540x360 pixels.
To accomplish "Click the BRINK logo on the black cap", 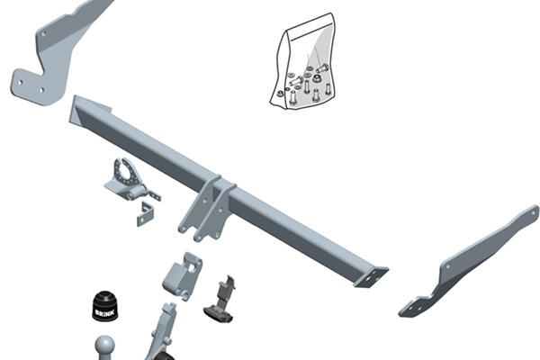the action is click(105, 313).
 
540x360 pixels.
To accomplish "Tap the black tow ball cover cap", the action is click(105, 306).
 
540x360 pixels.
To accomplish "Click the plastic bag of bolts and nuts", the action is click(302, 62).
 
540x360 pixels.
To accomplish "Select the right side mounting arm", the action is click(469, 261).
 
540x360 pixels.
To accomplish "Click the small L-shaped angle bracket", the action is click(145, 214).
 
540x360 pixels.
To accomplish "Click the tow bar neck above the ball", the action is click(161, 331).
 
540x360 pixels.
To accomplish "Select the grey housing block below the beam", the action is click(182, 276).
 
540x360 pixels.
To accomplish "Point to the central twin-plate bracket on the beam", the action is click(207, 209).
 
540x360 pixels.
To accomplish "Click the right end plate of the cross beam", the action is click(372, 278).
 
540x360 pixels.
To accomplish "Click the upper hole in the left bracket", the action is click(44, 34).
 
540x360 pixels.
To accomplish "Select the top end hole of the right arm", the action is click(535, 211).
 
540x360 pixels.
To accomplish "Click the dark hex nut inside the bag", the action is click(317, 78).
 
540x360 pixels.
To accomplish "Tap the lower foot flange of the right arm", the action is click(418, 306).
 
